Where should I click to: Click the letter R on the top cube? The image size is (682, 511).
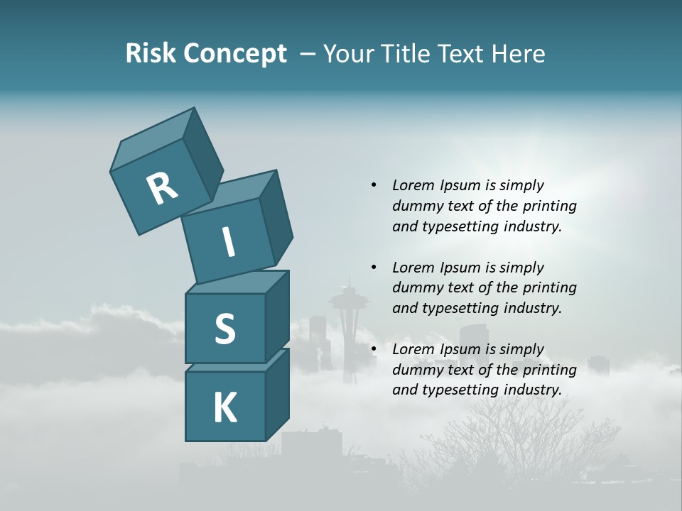coord(162,188)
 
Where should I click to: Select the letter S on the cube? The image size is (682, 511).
coord(224,329)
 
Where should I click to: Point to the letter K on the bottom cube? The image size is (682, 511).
coord(224,408)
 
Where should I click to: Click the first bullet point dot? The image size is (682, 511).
coord(374,185)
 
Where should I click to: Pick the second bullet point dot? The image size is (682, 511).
coord(374,268)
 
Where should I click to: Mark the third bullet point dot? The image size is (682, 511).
coord(374,349)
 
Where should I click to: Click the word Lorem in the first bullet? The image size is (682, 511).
coord(412,185)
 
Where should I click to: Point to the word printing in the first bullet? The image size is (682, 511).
coord(549,206)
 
